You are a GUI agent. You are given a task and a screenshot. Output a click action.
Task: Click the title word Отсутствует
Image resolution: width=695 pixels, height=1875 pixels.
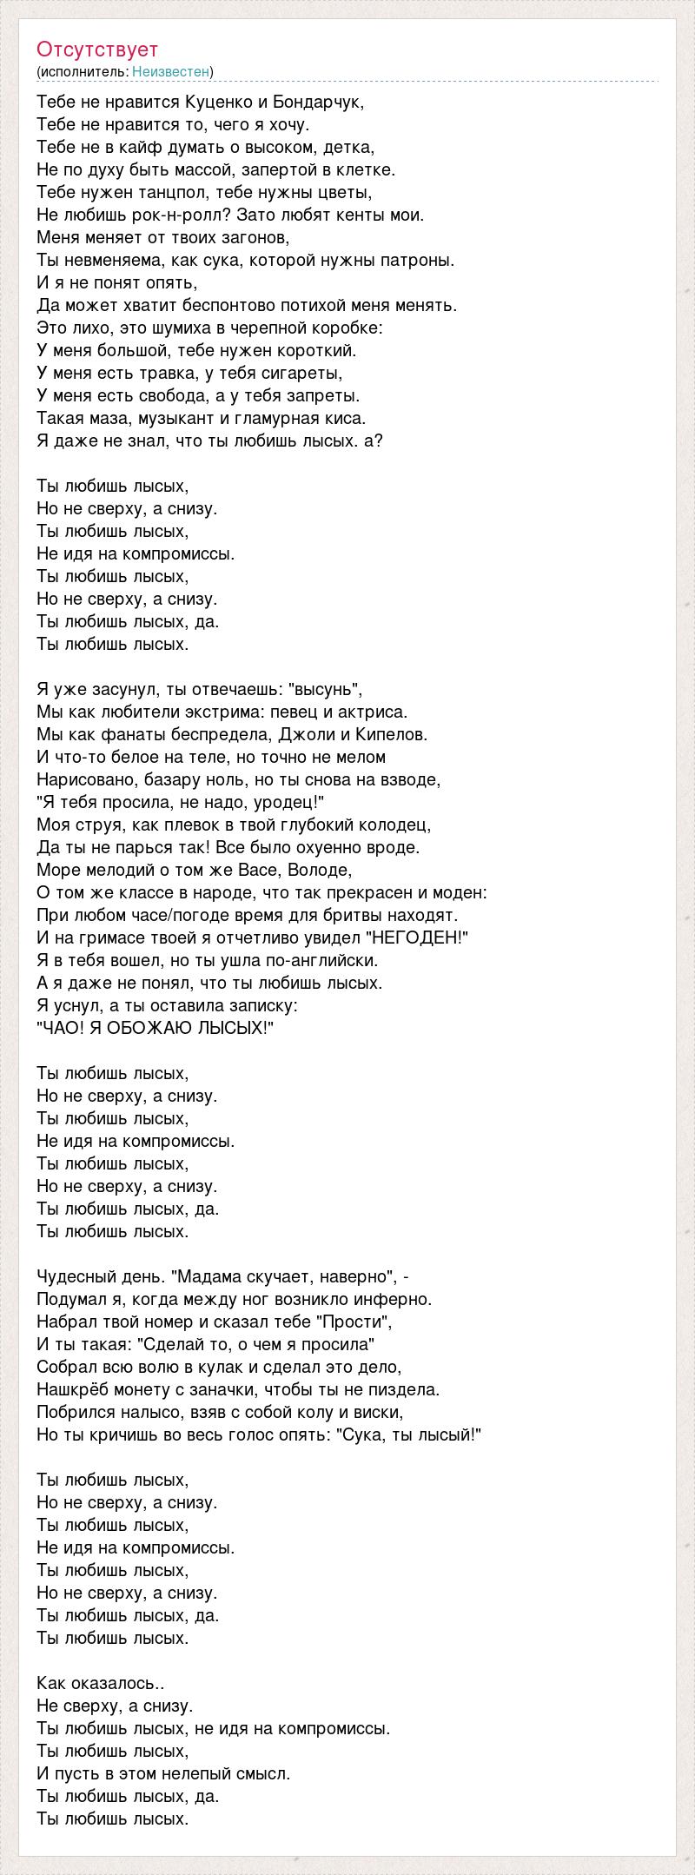pyautogui.click(x=97, y=50)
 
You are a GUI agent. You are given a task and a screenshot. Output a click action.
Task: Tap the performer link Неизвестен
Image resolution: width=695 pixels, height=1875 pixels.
pyautogui.click(x=172, y=71)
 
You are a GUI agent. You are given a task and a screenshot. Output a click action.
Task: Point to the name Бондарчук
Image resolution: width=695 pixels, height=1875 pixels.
pyautogui.click(x=321, y=102)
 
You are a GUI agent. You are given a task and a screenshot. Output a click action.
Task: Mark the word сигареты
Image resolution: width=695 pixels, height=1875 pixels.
pyautogui.click(x=299, y=373)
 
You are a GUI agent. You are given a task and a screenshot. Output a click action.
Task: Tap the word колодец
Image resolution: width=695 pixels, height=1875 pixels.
pyautogui.click(x=397, y=825)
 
